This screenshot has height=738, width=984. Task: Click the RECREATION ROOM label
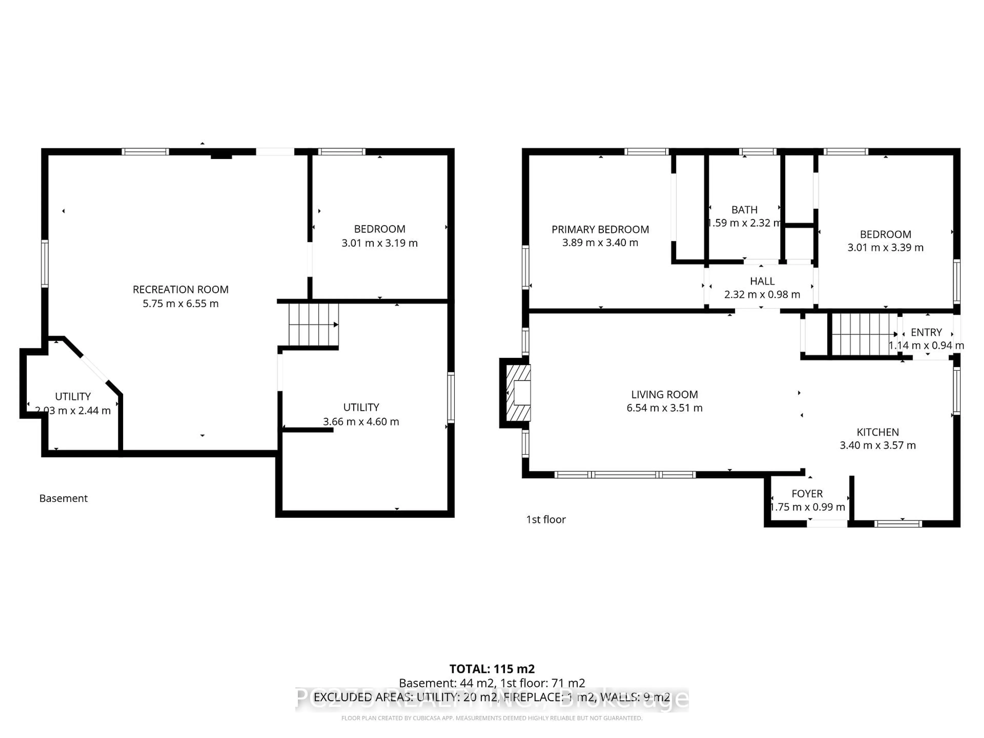181,290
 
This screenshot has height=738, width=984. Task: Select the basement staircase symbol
313,325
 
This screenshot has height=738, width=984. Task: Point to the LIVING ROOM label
664,395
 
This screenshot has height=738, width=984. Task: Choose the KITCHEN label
877,432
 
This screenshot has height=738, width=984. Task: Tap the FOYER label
807,494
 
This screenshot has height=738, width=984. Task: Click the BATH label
744,210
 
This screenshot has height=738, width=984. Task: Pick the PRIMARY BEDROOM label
600,230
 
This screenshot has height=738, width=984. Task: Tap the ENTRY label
926,332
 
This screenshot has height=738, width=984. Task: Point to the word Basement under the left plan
64,498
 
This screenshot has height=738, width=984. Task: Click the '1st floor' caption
546,520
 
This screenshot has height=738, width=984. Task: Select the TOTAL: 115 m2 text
492,669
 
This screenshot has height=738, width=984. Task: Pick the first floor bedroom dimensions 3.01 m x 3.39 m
885,248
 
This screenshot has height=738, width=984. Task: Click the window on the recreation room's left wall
45,263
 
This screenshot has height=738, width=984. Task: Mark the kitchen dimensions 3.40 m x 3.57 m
877,445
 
